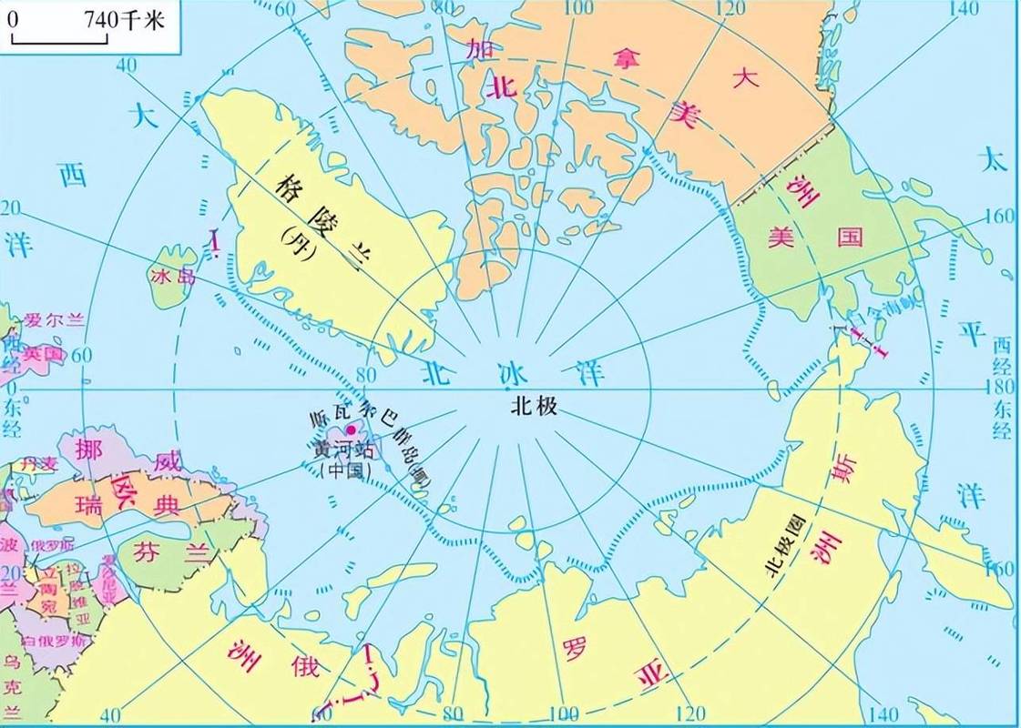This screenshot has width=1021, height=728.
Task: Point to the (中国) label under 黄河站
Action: pyautogui.click(x=342, y=470)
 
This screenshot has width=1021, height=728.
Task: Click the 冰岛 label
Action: pyautogui.click(x=173, y=276)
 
